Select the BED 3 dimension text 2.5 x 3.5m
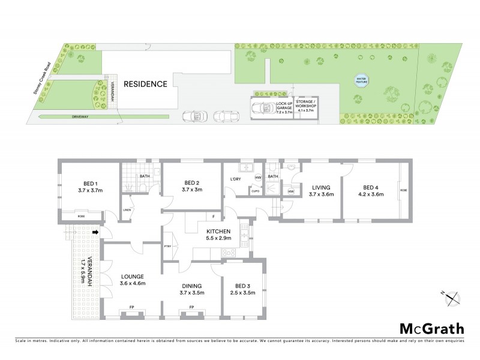pyautogui.click(x=243, y=293)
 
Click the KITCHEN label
pyautogui.click(x=219, y=231)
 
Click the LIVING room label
pyautogui.click(x=320, y=187)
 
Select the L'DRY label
pyautogui.click(x=235, y=179)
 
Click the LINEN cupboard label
pyautogui.click(x=127, y=209)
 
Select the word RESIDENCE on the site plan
pyautogui.click(x=145, y=84)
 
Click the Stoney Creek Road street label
pyautogui.click(x=44, y=79)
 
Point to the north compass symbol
pyautogui.click(x=452, y=296)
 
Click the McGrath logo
pyautogui.click(x=432, y=328)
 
